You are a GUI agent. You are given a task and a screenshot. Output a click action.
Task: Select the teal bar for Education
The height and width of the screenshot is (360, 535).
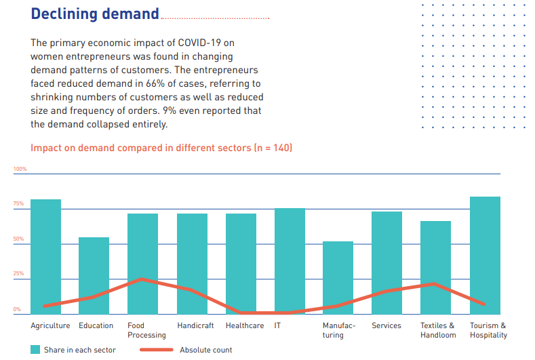[x=94, y=275]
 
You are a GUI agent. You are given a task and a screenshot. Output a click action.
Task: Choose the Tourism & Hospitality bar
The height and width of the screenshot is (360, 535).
[x=485, y=254]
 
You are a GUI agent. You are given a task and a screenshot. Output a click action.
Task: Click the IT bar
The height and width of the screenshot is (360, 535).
[x=290, y=260]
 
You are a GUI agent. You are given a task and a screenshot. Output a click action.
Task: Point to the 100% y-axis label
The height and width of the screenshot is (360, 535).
[x=20, y=169]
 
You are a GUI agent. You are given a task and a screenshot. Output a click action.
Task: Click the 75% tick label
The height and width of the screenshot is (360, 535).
[x=18, y=204]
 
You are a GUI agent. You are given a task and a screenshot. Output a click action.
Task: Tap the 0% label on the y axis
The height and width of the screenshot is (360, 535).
[x=17, y=309]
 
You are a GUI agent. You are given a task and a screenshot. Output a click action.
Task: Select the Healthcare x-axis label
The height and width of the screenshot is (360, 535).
[x=245, y=325]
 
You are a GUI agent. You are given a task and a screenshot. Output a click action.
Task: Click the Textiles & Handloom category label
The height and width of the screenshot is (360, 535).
[x=437, y=330]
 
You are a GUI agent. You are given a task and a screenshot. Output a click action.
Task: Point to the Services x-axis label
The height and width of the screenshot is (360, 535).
[x=387, y=325]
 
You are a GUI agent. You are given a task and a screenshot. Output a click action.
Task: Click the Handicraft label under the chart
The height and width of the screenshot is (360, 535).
[x=195, y=325]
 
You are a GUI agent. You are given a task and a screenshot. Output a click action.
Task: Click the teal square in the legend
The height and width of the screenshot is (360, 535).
[x=35, y=350]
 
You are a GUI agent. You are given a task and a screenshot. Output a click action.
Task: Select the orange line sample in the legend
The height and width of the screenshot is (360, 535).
[x=157, y=350]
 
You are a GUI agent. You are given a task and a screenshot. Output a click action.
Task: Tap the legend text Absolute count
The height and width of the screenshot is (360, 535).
[x=205, y=350]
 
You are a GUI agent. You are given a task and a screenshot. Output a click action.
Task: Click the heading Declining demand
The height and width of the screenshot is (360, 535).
[x=95, y=14]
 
